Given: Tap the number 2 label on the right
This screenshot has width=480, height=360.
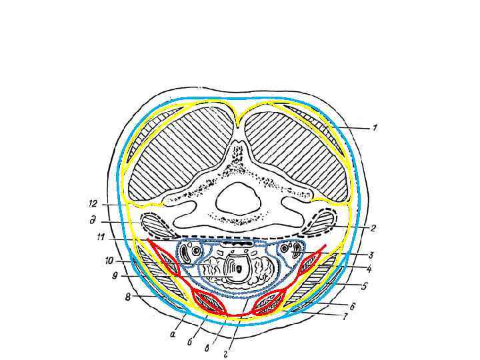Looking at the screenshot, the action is click(374, 228).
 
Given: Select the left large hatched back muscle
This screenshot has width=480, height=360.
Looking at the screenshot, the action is click(173, 153).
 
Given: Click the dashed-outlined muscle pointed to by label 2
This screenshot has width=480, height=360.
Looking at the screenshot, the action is click(321, 222).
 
